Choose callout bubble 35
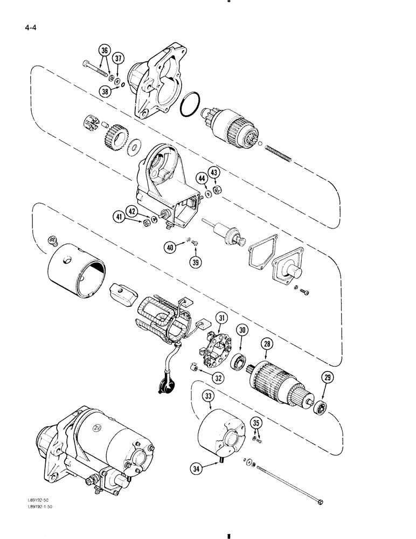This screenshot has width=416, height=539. click(258, 422)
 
